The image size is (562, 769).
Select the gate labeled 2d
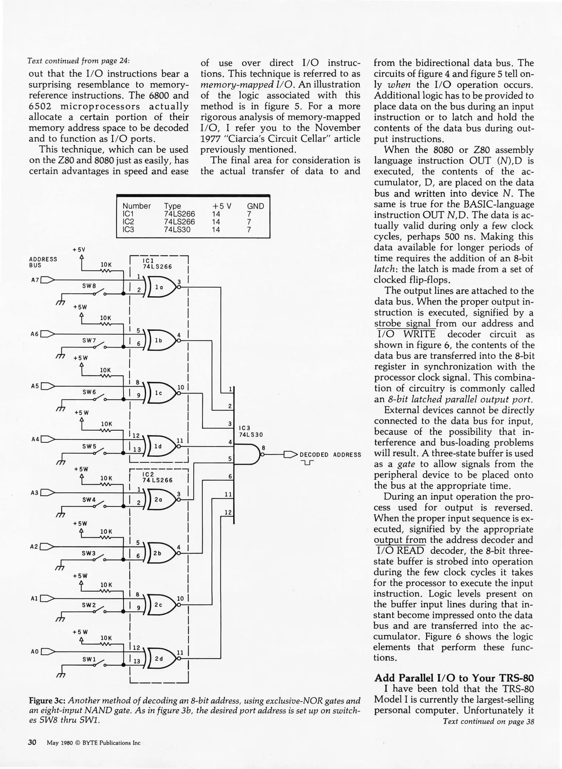pyautogui.click(x=160, y=659)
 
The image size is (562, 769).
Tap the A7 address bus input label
pyautogui.click(x=35, y=280)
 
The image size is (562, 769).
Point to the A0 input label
pyautogui.click(x=35, y=652)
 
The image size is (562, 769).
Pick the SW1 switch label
pyautogui.click(x=89, y=659)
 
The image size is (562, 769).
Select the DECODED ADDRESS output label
pyautogui.click(x=330, y=455)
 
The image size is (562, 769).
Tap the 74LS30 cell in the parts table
pyautogui.click(x=177, y=230)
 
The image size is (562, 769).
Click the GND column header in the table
pyautogui.click(x=255, y=206)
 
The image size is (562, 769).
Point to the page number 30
pyautogui.click(x=32, y=742)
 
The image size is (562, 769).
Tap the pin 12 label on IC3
pyautogui.click(x=228, y=512)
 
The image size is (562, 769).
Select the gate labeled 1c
pyautogui.click(x=159, y=393)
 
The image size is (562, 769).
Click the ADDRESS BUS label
pyautogui.click(x=43, y=262)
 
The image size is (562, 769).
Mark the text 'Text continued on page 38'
pyautogui.click(x=488, y=721)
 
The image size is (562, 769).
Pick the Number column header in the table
pyautogui.click(x=136, y=206)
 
